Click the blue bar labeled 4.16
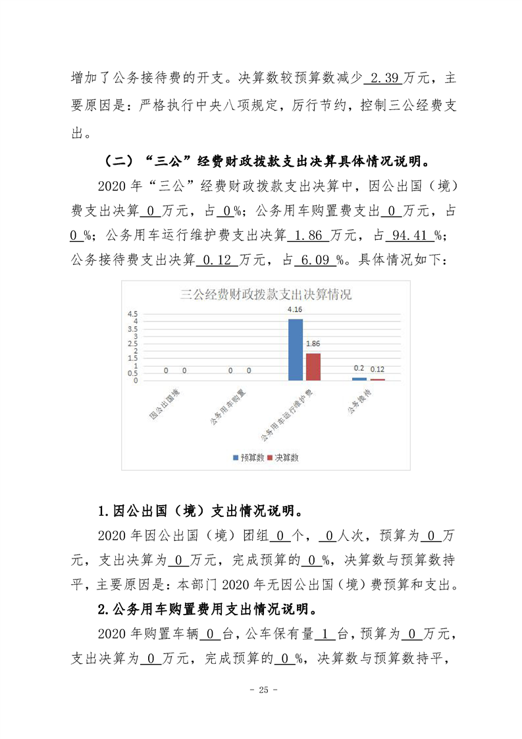click(x=296, y=350)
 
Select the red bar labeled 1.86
click(x=313, y=367)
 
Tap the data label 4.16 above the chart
click(x=296, y=309)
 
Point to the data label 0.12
click(x=377, y=369)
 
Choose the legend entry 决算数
click(x=282, y=457)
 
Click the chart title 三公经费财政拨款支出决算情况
click(x=266, y=294)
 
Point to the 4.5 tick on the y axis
click(x=132, y=314)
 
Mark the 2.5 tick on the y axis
click(x=132, y=343)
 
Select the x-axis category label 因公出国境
click(x=165, y=404)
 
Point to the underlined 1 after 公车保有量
click(x=325, y=634)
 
